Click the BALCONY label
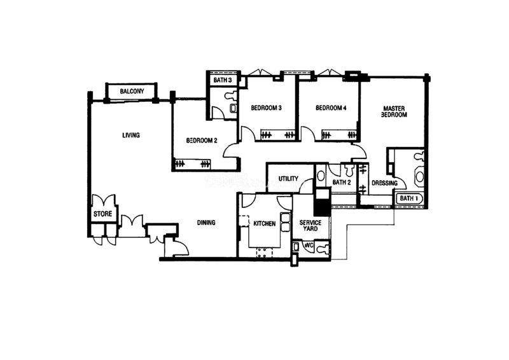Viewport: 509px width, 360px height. point(132,91)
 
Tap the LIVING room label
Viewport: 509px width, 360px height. point(131,135)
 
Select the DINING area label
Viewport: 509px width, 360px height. point(206,223)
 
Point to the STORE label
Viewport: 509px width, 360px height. point(102,214)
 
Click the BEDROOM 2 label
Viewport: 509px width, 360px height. point(202,141)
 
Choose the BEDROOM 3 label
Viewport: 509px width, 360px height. point(266,107)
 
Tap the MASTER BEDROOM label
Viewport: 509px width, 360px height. point(394,112)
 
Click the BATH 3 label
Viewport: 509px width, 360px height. point(223,80)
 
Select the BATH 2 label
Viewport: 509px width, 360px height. point(342,183)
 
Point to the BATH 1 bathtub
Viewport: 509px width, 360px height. point(409,198)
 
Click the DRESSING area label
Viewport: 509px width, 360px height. point(384,183)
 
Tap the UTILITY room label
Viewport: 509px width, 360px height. point(288,179)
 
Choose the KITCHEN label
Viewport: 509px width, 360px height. point(264,224)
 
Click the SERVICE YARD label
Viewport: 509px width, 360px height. point(310,226)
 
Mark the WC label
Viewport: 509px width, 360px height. point(309,246)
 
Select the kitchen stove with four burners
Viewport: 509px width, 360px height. point(264,253)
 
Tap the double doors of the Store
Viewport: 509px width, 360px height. point(104,200)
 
